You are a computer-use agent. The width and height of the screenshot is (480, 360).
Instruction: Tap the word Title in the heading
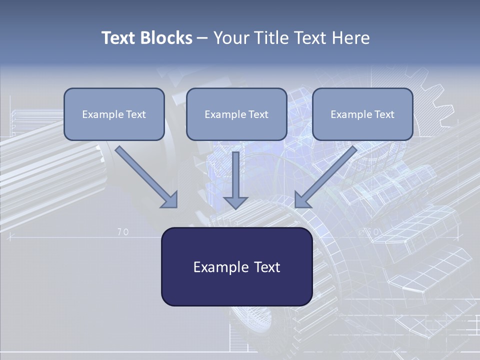272,38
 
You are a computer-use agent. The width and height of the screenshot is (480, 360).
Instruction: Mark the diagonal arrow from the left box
145,176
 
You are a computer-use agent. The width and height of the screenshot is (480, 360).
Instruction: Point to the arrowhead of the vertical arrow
235,202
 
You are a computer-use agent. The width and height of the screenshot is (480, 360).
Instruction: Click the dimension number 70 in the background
123,232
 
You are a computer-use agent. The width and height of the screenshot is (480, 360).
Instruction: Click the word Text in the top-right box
384,114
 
